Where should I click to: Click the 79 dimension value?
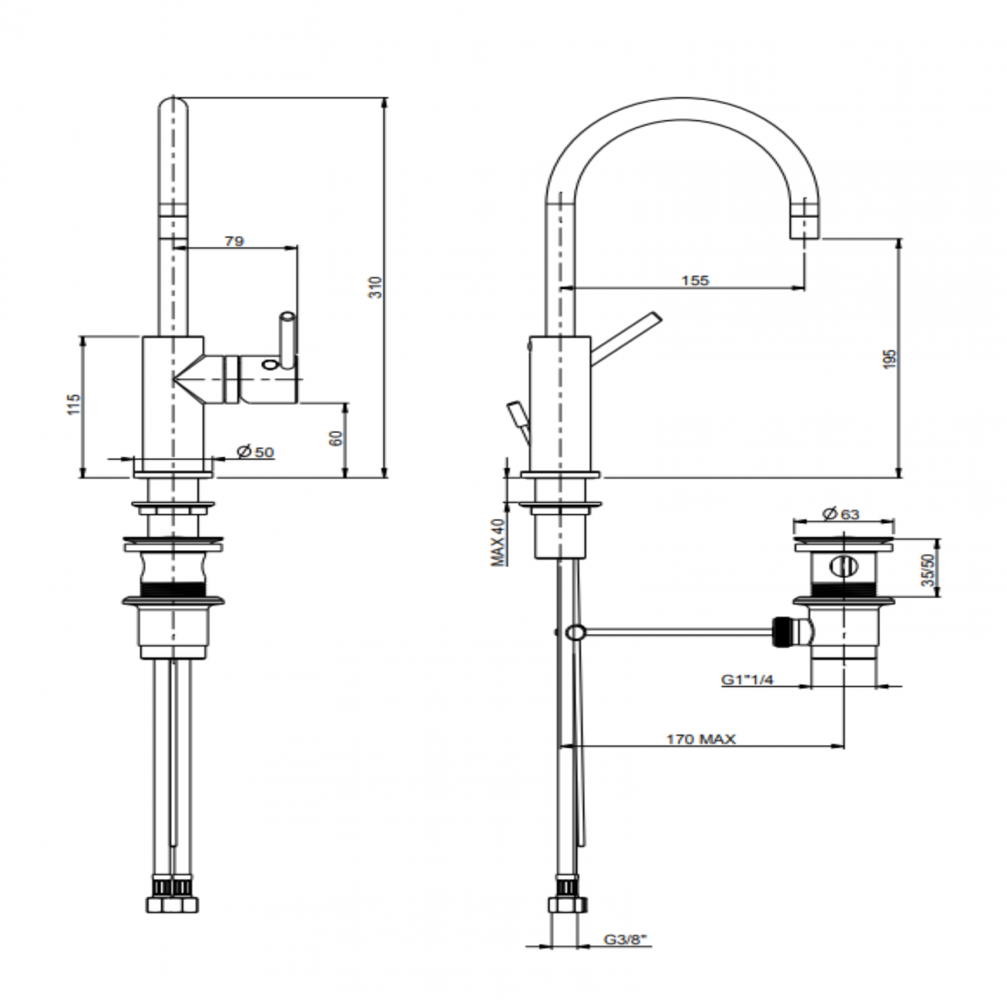234,241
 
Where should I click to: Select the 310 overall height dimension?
376,287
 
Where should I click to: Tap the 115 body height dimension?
74,404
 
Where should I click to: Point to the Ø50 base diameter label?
256,452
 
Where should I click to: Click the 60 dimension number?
336,438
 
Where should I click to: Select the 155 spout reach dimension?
694,280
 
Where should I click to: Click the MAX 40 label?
499,541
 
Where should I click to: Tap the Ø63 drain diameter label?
841,514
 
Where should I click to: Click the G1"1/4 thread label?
748,679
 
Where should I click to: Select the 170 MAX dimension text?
700,739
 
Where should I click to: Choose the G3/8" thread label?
625,940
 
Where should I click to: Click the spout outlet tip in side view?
804,229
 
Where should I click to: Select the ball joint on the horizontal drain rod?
575,632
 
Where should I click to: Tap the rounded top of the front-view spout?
173,108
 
